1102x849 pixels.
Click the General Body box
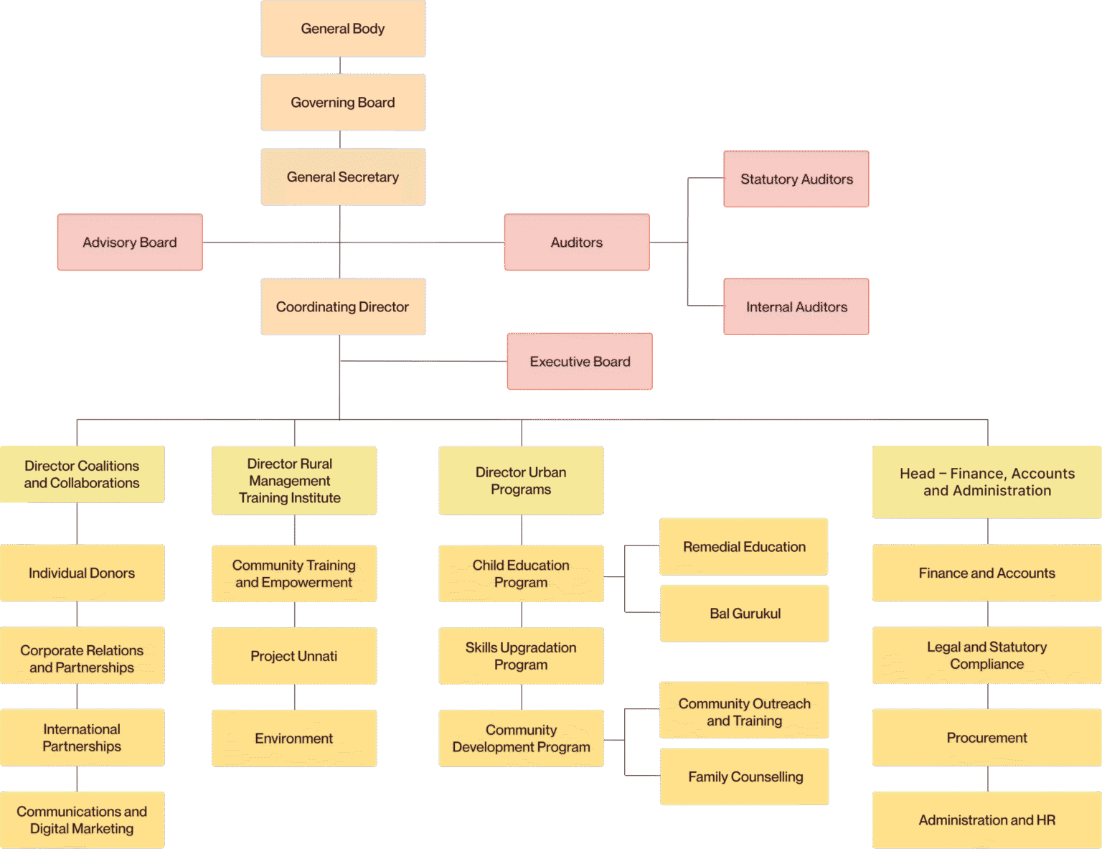[343, 29]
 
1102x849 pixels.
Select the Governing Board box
[343, 103]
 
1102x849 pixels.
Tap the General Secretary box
[343, 177]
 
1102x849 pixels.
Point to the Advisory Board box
[130, 242]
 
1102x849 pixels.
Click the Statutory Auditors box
[796, 179]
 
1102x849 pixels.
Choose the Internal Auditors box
[796, 306]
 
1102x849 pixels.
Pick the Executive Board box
[580, 361]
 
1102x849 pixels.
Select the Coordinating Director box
[343, 306]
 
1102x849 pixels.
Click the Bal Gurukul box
[745, 613]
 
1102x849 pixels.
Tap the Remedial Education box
[744, 546]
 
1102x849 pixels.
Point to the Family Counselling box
[745, 777]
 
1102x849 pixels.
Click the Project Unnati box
[294, 656]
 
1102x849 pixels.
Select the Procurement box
[987, 738]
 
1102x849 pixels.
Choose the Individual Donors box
[83, 573]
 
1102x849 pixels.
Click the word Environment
[293, 738]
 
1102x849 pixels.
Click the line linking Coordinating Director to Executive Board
[423, 361]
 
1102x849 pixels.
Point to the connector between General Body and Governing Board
[340, 65]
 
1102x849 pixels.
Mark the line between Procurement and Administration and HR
[987, 779]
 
